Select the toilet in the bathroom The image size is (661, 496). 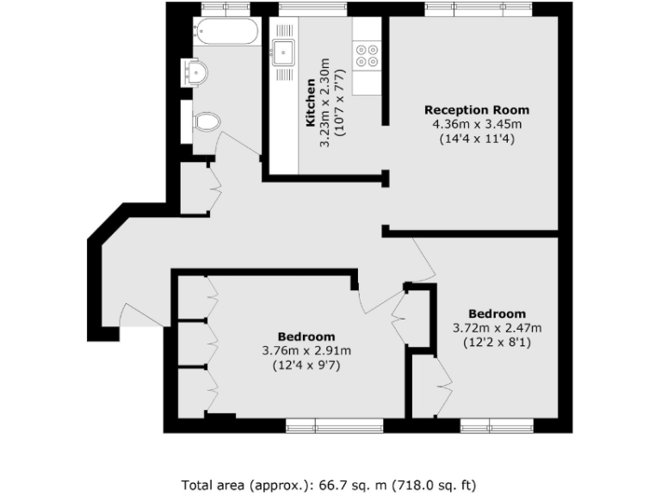click(x=205, y=122)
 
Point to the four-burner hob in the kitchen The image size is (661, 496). click(x=367, y=55)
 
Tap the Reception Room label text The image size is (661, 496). click(x=476, y=110)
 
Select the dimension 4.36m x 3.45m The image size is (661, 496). click(x=476, y=124)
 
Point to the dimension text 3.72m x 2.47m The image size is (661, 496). click(x=497, y=327)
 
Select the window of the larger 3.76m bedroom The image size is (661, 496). click(x=335, y=425)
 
